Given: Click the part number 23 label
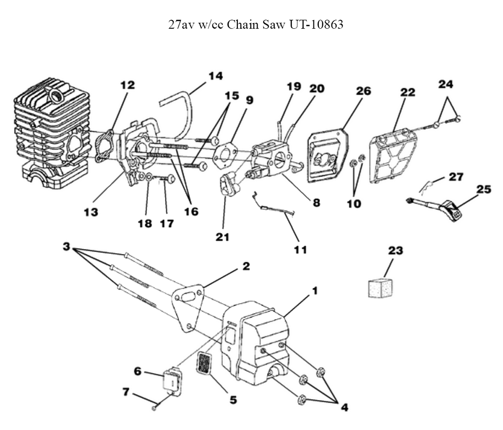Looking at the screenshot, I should point(396,250).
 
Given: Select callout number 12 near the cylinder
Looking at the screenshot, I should point(127,86).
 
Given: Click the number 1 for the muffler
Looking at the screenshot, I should point(314,291).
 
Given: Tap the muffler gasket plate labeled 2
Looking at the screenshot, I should point(187,308).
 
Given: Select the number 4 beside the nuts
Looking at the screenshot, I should point(344,407).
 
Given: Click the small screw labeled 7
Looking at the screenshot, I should point(155,406).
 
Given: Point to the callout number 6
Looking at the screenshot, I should point(137,371).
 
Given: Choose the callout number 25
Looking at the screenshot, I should point(483,189).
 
